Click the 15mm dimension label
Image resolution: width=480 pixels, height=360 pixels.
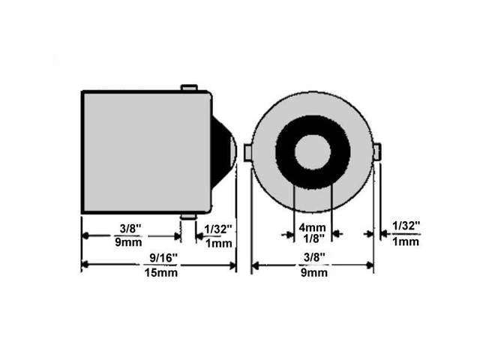pos(161,272)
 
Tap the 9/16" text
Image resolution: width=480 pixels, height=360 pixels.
pos(163,258)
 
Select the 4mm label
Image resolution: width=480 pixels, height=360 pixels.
pos(312,227)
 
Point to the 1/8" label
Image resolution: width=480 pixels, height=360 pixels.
pos(312,238)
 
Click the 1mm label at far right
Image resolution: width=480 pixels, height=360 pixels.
pos(405,241)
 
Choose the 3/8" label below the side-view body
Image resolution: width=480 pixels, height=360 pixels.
pos(130,228)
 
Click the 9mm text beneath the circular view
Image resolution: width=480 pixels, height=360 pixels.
pos(314,272)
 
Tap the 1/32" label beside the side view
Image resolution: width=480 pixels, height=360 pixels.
pos(218,229)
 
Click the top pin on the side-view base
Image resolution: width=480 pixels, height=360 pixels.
pos(189,88)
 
